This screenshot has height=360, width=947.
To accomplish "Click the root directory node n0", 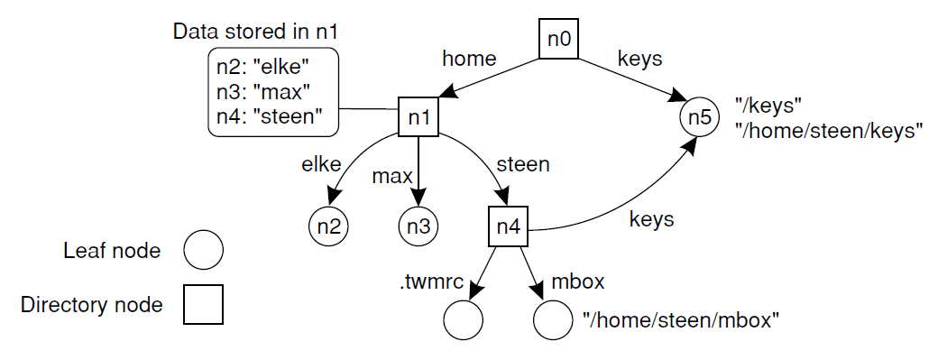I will click(x=557, y=41).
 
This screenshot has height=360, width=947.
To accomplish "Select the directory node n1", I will click(x=418, y=117).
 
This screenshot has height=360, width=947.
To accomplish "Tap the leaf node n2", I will click(x=328, y=226).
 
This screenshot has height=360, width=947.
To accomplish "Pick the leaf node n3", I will click(x=418, y=226).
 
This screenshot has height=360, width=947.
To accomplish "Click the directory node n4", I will click(x=508, y=226).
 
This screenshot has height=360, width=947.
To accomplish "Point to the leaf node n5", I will click(x=699, y=117).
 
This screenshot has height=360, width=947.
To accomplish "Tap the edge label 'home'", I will click(x=469, y=60).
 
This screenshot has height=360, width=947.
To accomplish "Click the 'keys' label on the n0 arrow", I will click(x=639, y=59).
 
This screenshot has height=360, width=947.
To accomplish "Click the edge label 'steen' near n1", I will click(x=522, y=166).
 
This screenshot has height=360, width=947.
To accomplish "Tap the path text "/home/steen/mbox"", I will click(x=680, y=319).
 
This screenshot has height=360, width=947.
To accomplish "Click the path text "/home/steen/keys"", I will click(x=829, y=130).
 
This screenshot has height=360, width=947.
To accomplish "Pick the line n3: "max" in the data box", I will click(x=263, y=92).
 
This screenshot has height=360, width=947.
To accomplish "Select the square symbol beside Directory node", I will click(x=203, y=305).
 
